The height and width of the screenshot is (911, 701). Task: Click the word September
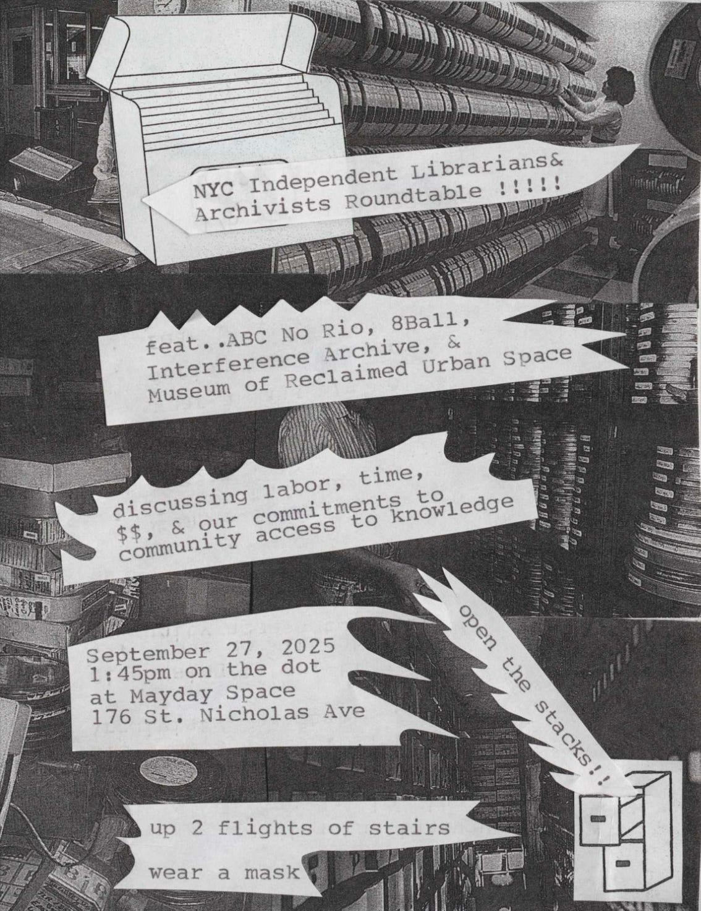148,656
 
